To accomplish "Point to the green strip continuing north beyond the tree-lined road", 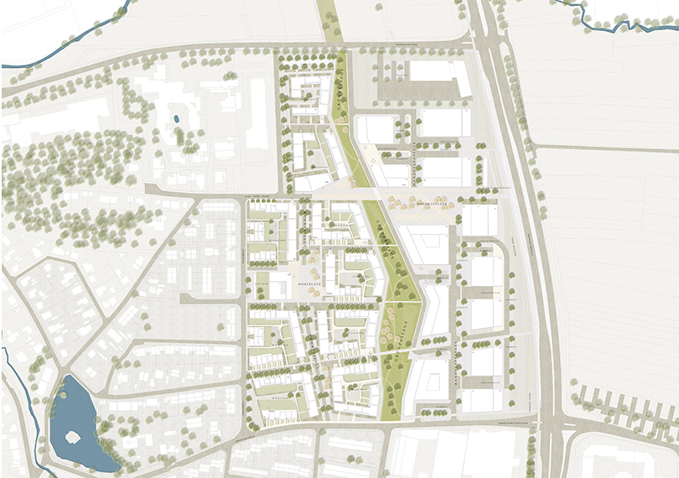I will (332, 20).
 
